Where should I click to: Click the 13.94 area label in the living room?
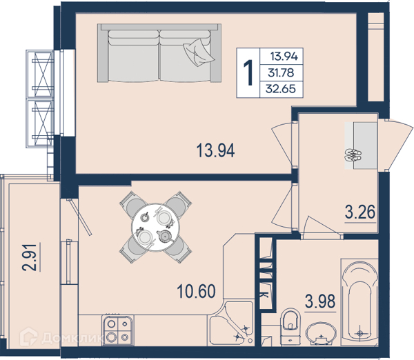pyautogui.click(x=215, y=151)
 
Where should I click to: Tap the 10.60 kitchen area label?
pyautogui.click(x=196, y=291)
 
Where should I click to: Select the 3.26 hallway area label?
pyautogui.click(x=360, y=212)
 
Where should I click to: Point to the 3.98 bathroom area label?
pyautogui.click(x=320, y=301)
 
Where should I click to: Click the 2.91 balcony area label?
pyautogui.click(x=29, y=257)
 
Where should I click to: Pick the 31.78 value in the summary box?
pyautogui.click(x=281, y=72)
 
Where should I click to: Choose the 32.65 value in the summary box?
pyautogui.click(x=280, y=89)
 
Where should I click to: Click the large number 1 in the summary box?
pyautogui.click(x=248, y=72)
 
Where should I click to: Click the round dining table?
pyautogui.click(x=156, y=227)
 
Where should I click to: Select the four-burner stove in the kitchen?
pyautogui.click(x=117, y=330)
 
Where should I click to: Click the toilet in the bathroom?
pyautogui.click(x=290, y=326)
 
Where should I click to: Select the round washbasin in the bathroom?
pyautogui.click(x=321, y=334)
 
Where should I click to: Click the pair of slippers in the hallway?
pyautogui.click(x=352, y=155)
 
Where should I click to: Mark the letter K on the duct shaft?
pyautogui.click(x=265, y=294)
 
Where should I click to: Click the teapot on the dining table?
pyautogui.click(x=165, y=236)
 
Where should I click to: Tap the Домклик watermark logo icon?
pyautogui.click(x=28, y=337)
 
